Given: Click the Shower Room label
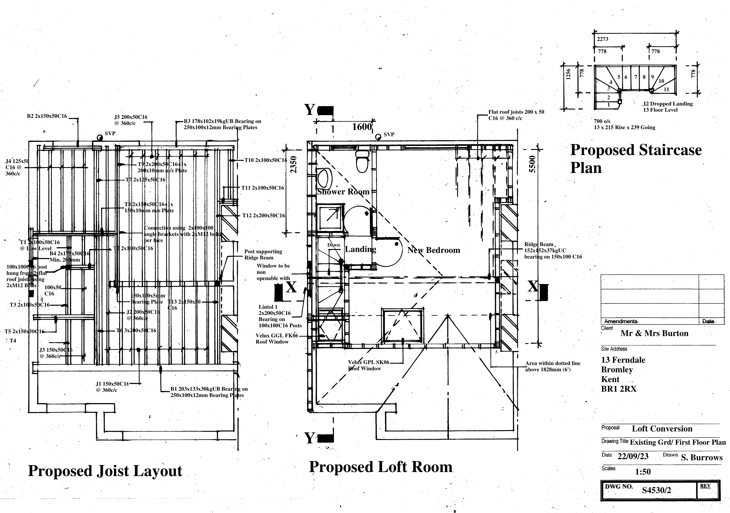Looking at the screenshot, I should pyautogui.click(x=343, y=192).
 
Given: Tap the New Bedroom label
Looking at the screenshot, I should pyautogui.click(x=434, y=250).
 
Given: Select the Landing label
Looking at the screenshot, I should pyautogui.click(x=361, y=249).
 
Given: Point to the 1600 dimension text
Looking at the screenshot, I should pyautogui.click(x=361, y=127).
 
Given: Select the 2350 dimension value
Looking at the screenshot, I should pyautogui.click(x=294, y=164).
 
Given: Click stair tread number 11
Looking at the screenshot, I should pyautogui.click(x=666, y=89).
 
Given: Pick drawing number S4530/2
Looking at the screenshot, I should pyautogui.click(x=656, y=490).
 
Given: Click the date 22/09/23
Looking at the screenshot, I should pyautogui.click(x=633, y=456).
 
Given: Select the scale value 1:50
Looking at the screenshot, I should pyautogui.click(x=643, y=472).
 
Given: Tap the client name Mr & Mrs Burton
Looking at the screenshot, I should pyautogui.click(x=654, y=333).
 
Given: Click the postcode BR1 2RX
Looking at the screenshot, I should pyautogui.click(x=618, y=389).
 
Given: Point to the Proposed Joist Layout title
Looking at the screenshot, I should pyautogui.click(x=105, y=471).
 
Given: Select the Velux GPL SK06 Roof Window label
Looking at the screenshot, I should pyautogui.click(x=368, y=365).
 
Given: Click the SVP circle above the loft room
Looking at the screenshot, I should pyautogui.click(x=378, y=137).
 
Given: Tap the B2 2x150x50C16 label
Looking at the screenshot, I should pyautogui.click(x=47, y=116).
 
